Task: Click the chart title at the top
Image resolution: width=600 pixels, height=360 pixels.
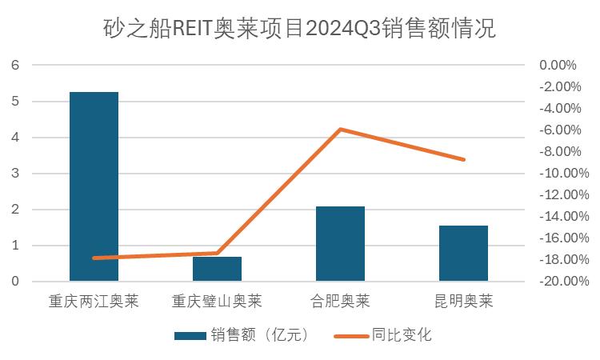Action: pos(299,30)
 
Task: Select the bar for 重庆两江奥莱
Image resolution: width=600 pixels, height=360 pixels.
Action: pos(94,186)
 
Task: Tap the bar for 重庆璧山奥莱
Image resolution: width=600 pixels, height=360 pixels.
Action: pos(217,269)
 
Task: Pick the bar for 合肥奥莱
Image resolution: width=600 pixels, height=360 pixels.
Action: pos(340,243)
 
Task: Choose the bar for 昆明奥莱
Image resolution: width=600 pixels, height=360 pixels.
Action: pos(463,253)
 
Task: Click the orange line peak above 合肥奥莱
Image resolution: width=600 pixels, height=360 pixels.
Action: pos(340,129)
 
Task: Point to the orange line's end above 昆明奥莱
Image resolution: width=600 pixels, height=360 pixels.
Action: pos(463,159)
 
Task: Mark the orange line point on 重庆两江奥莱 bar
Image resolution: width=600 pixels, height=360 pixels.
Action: pos(94,258)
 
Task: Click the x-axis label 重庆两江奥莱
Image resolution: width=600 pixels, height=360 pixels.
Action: pos(94,302)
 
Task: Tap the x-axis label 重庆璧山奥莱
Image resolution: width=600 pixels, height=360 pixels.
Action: pos(217,302)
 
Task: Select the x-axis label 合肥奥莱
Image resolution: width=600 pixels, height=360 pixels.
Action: pos(340,302)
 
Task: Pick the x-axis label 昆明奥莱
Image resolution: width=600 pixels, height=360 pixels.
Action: pos(463,302)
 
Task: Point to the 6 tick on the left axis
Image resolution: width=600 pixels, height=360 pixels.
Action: pos(14,65)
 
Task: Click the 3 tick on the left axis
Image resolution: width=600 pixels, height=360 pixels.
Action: pos(14,174)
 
